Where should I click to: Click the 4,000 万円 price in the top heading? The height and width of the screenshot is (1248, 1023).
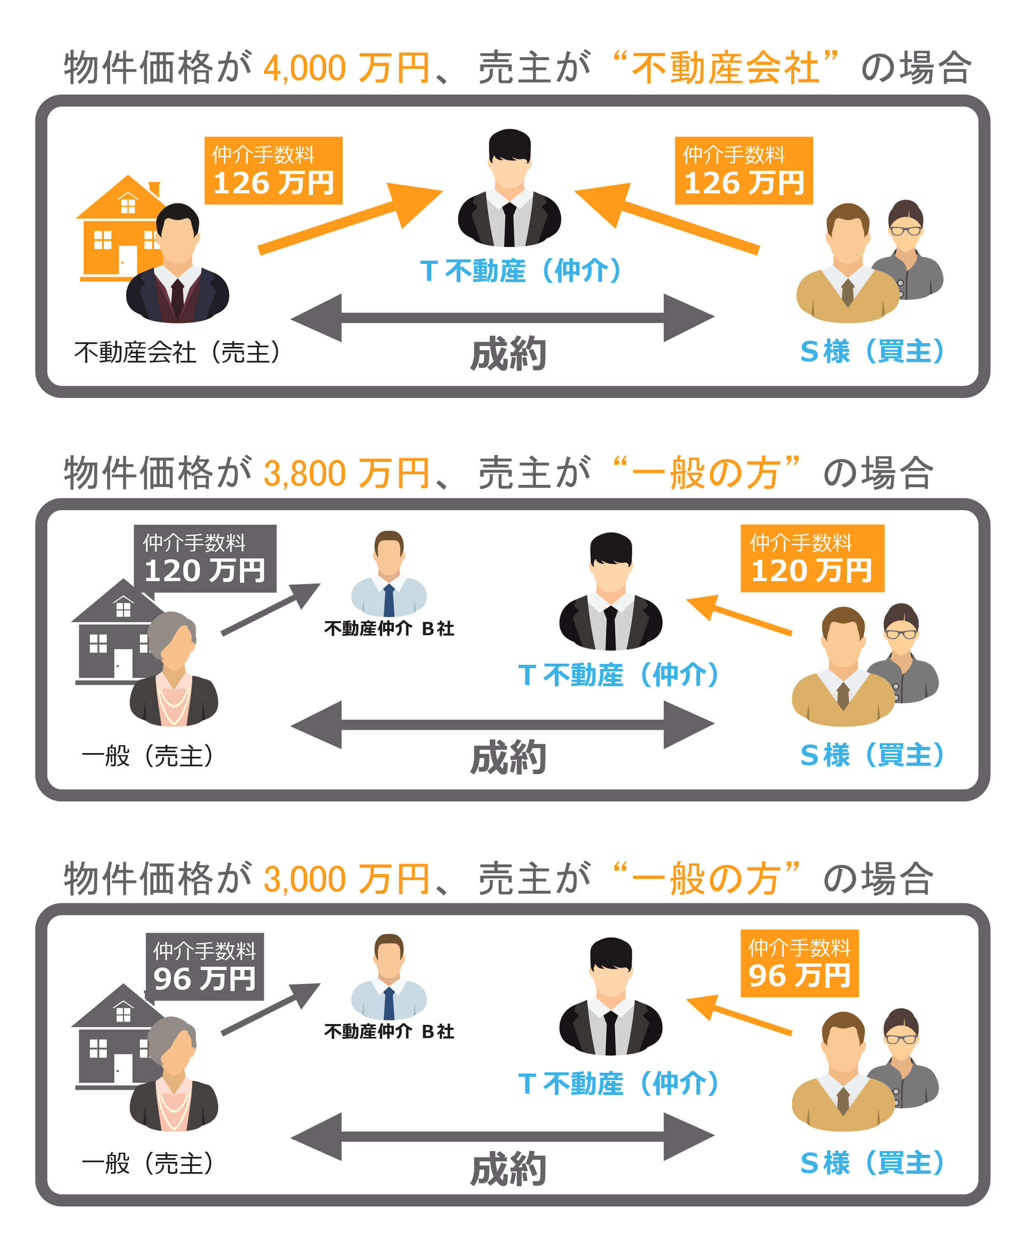point(346,68)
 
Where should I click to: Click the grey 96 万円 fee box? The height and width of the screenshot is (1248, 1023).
point(205,966)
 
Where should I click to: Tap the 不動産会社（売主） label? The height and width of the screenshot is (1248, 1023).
point(177,353)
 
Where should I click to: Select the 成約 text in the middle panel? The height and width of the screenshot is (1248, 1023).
point(508,758)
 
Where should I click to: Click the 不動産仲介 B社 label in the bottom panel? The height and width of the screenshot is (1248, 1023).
point(389,1031)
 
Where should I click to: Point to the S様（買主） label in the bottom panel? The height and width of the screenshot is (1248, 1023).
point(872,1163)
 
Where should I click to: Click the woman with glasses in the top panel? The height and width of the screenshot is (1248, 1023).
point(908,247)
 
